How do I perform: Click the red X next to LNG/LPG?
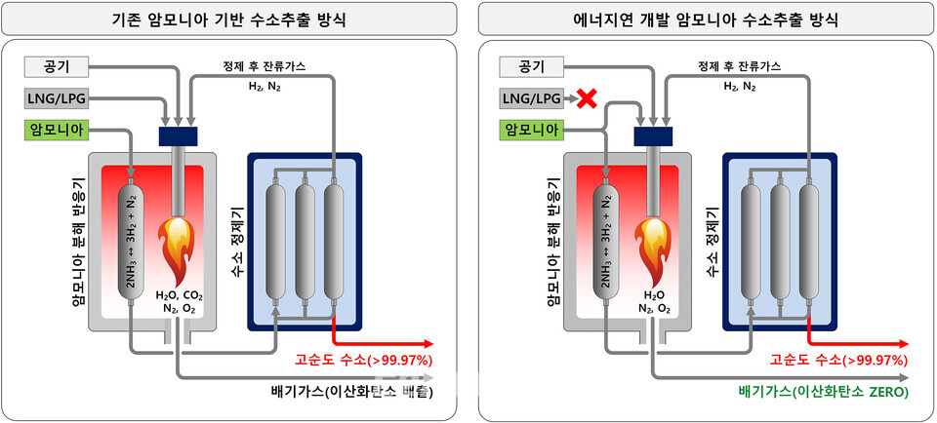coord(587,99)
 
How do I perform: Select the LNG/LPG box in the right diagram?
coord(532,99)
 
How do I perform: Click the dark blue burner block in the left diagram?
coord(178,136)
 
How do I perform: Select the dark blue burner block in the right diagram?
coord(653,136)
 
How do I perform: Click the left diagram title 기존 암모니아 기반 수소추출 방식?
coord(229,20)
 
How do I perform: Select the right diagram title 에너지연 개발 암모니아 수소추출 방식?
coord(705,20)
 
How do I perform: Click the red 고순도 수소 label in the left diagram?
coord(363,360)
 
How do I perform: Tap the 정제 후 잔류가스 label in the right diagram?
coord(740,67)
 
